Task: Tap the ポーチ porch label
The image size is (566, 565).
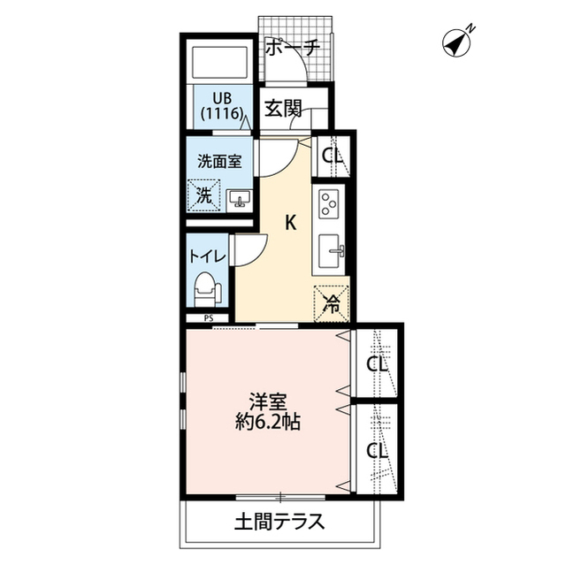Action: coord(293,49)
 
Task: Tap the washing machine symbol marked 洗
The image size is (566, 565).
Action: coord(204,195)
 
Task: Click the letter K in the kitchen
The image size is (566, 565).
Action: coord(289,223)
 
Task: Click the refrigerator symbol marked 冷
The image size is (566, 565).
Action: coord(332,305)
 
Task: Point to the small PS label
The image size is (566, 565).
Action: coord(209,318)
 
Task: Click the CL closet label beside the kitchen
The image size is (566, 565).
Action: coord(333,157)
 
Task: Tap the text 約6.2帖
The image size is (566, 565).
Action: coord(265,423)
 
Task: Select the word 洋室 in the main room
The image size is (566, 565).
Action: coord(266,401)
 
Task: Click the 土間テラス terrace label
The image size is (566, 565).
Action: coord(279,520)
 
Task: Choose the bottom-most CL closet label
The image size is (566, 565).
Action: coord(378,450)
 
